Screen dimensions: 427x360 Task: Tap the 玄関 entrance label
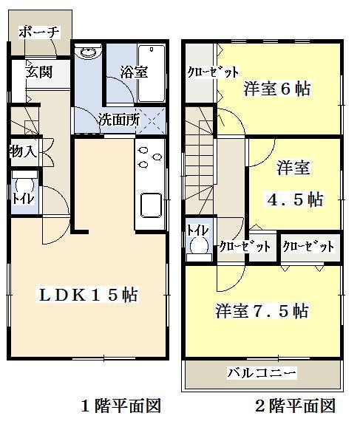coord(38,72)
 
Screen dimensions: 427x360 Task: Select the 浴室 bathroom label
coord(134,72)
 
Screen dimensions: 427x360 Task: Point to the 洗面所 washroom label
coord(119,120)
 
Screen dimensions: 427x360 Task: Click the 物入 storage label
coord(23,153)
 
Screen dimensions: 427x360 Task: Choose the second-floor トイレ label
coord(198,230)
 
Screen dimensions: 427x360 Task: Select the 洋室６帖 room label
coord(276,89)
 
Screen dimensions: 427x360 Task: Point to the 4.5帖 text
coord(294,199)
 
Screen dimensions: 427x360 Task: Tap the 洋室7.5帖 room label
coord(262,310)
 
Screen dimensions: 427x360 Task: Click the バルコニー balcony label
coord(262,372)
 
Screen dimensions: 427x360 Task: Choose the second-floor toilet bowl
coord(198,248)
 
